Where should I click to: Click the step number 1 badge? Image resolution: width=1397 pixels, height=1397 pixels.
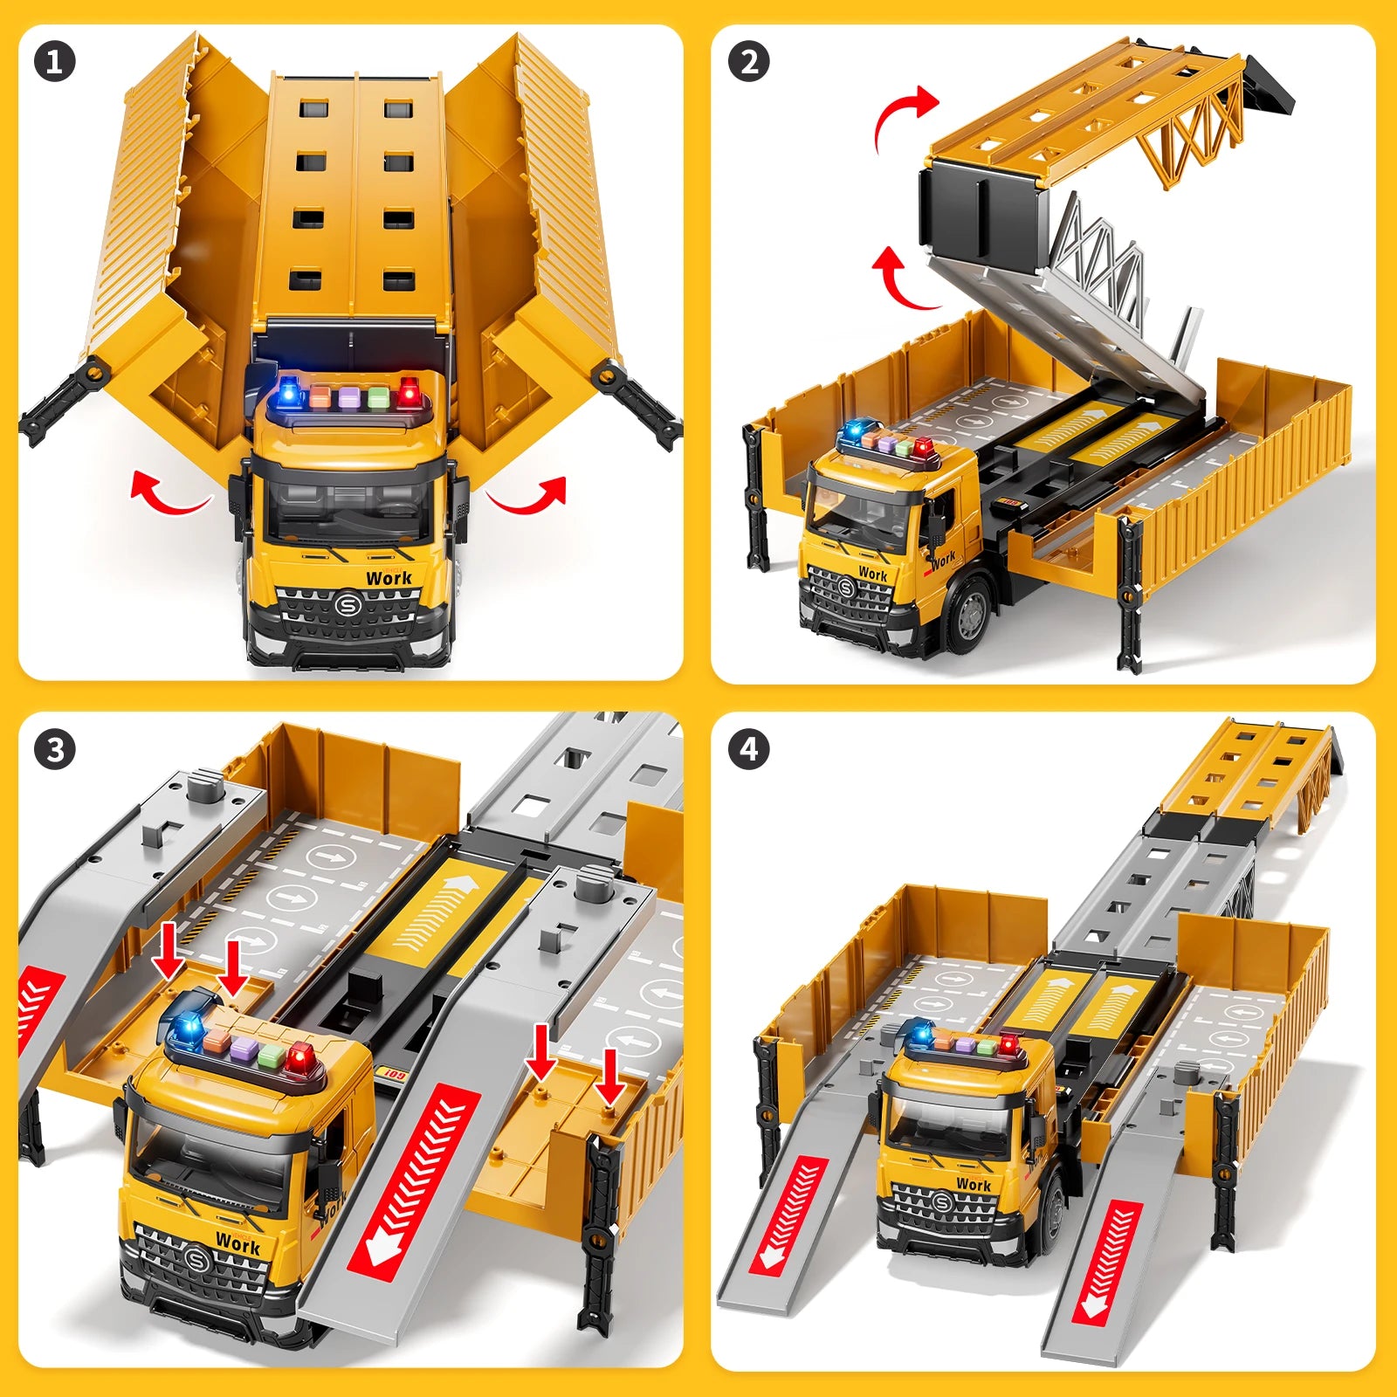[x=54, y=63]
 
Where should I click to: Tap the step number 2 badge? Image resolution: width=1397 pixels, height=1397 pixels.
[x=749, y=63]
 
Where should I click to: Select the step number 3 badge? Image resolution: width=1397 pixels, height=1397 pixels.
[x=54, y=750]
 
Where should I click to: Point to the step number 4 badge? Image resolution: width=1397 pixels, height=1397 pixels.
[x=749, y=750]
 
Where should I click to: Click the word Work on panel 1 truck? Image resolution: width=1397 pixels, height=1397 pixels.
[x=389, y=578]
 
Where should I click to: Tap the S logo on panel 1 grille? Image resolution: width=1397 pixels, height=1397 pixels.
[x=348, y=603]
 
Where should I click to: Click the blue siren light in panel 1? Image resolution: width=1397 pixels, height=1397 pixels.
[x=288, y=392]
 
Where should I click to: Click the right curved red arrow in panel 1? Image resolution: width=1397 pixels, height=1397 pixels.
[x=529, y=494]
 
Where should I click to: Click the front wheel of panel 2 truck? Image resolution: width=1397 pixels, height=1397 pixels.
[x=969, y=615]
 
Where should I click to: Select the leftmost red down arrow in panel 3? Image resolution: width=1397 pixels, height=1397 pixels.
[x=168, y=960]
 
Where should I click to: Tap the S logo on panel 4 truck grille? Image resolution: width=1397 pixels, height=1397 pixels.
[x=942, y=1204]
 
